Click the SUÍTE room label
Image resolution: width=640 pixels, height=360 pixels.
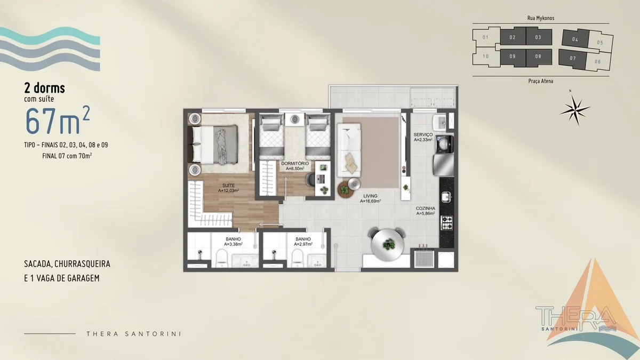229,186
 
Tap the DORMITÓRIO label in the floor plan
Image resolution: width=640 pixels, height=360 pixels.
295,163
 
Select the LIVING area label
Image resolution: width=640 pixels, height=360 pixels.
370,196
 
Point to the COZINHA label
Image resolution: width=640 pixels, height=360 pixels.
426,209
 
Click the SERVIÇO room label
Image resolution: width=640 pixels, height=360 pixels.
423,134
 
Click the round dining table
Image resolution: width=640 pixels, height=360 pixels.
387,245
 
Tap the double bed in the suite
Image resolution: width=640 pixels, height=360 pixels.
213,145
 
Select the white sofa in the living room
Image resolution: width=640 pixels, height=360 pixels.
349,150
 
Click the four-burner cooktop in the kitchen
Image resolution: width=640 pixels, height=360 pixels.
446,223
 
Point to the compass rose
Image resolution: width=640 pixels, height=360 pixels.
574,109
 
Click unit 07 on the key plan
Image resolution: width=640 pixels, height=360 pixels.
573,59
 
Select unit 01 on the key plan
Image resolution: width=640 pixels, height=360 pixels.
486,37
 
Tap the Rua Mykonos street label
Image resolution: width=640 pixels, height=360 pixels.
541,18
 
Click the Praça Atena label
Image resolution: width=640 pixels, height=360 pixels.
541,81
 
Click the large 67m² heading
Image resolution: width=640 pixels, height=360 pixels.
58,120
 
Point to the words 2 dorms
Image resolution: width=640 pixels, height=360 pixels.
45,88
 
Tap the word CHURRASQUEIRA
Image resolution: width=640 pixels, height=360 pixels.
82,263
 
